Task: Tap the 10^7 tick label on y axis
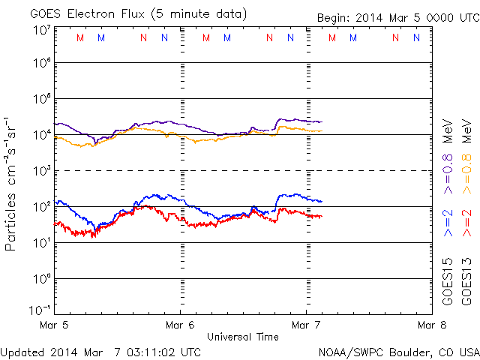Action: [42, 30]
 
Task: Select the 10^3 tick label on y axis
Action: [42, 171]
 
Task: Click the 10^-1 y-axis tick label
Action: [40, 310]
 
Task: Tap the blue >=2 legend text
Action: [448, 223]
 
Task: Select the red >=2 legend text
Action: [466, 223]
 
